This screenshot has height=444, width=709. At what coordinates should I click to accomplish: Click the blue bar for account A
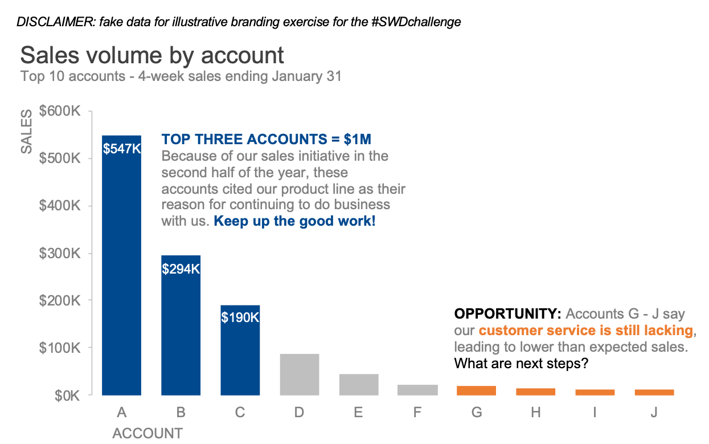(121, 266)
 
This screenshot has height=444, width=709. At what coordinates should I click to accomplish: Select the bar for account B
(181, 325)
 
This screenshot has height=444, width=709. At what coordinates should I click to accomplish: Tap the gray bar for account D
(300, 374)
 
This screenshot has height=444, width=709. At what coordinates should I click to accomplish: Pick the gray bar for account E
(359, 385)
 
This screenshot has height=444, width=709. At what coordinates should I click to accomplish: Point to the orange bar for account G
(476, 390)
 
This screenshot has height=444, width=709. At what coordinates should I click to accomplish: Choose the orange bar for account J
(654, 392)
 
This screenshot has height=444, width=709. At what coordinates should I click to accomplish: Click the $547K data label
(122, 149)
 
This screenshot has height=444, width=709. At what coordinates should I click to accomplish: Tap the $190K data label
(240, 317)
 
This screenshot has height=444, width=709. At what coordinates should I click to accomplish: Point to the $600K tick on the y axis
(59, 111)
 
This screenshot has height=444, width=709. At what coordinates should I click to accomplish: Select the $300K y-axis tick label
(59, 254)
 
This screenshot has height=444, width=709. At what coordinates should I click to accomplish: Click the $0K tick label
(67, 396)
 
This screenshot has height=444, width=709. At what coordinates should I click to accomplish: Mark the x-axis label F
(417, 412)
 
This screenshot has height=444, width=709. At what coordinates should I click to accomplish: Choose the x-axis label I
(595, 412)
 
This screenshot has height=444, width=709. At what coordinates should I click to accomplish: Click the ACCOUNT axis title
(147, 433)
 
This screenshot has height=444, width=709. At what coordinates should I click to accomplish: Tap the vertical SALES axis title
(27, 132)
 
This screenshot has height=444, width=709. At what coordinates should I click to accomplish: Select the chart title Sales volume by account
(152, 55)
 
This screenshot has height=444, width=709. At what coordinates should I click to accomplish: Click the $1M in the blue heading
(358, 139)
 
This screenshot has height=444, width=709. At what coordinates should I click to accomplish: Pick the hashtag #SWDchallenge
(416, 22)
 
